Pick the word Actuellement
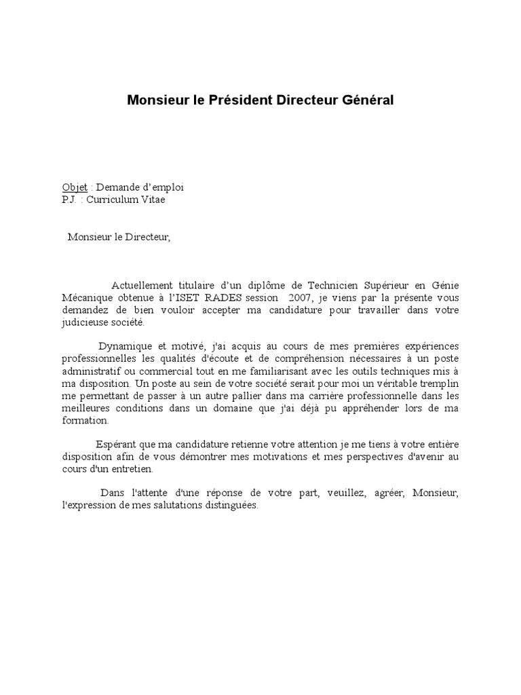coord(142,285)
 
